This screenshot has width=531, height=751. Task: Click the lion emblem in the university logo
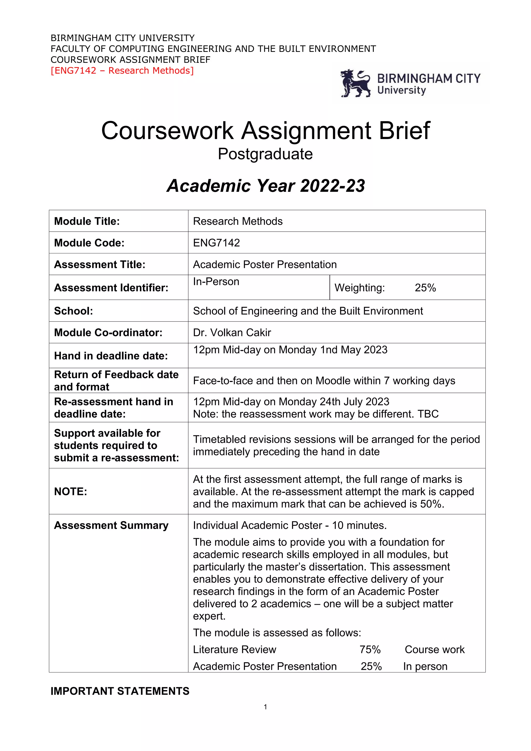355,84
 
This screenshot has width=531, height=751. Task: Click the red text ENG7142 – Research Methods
122,71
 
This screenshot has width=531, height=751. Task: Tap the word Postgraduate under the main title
265,154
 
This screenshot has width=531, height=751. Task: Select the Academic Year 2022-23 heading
265,186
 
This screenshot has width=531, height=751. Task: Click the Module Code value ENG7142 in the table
216,243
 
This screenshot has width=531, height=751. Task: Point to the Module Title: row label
87,221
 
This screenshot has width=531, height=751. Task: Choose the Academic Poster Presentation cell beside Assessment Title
265,264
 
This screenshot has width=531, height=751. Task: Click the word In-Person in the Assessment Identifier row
216,282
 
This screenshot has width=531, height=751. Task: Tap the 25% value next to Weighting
425,288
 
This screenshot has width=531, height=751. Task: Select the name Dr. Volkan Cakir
232,332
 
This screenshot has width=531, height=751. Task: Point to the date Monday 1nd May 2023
333,350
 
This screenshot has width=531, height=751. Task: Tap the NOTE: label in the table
71,491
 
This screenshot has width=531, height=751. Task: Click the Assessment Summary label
111,525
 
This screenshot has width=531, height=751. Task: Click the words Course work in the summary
434,649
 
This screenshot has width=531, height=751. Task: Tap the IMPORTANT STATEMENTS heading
120,691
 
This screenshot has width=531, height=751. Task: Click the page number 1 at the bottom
265,707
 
